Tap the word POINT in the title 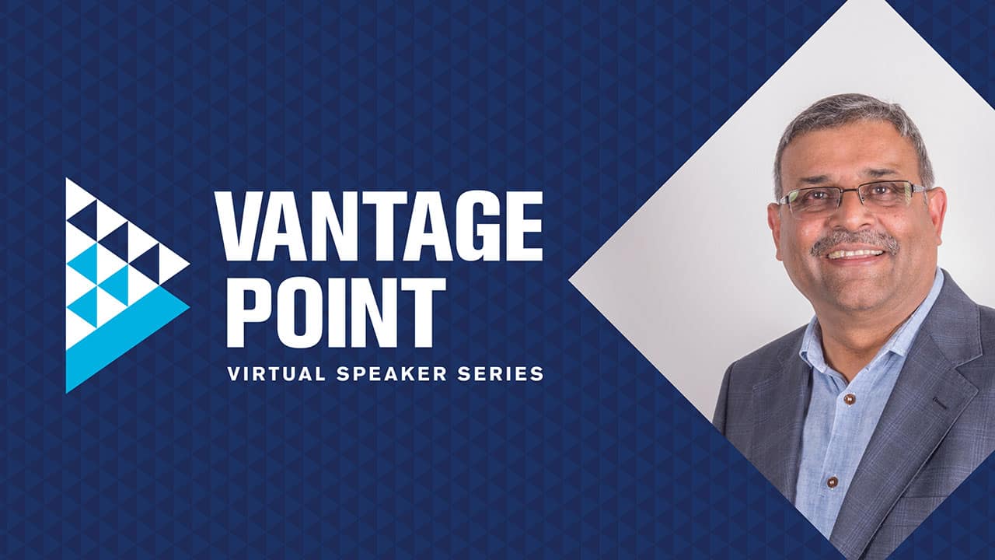pos(336,313)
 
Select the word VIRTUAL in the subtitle pos(276,373)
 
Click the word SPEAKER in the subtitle pos(391,373)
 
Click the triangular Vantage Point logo pos(128,285)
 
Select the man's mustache pos(854,243)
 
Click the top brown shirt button pos(850,400)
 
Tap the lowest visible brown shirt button pos(832,481)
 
